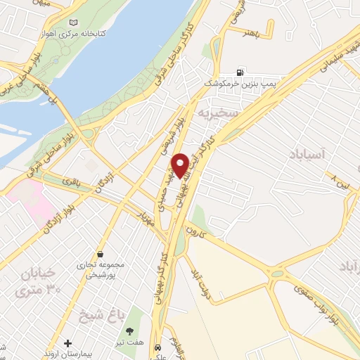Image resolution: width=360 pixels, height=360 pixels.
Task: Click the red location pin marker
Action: pos(180,165)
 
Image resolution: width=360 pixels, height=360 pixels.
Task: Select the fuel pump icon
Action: pos(242,72)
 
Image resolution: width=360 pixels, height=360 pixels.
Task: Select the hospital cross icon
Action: pos(67,344)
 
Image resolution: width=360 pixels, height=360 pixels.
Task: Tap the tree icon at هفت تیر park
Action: pos(128,330)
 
